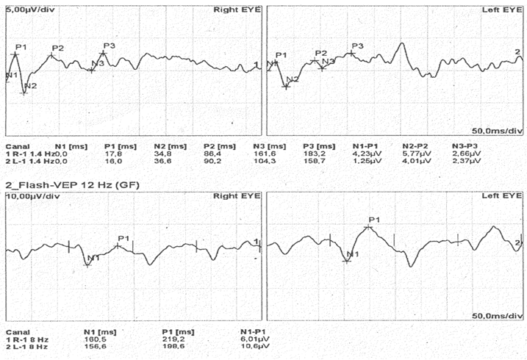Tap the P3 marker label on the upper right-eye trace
coord(109,46)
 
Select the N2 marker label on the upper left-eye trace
coord(293,79)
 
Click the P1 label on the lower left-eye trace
coord(374,220)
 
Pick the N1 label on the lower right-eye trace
coord(93,258)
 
